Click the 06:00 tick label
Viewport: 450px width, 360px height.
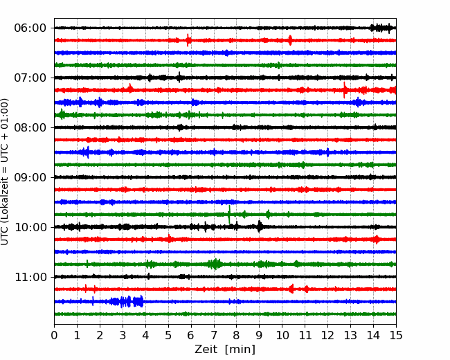[x=30, y=28]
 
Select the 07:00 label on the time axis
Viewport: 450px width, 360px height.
[x=30, y=78]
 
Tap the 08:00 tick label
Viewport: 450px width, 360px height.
[x=30, y=127]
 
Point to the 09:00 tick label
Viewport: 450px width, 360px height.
[x=30, y=177]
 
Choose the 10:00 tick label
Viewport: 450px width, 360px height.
[x=30, y=227]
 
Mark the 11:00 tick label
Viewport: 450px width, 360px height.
[x=30, y=277]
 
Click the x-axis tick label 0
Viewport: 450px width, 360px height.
[x=54, y=335]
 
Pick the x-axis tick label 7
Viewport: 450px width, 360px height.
[x=214, y=335]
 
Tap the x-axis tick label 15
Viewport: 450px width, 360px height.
[x=396, y=335]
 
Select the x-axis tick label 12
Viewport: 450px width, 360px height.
[x=327, y=335]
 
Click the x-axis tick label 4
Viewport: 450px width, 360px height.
[x=145, y=335]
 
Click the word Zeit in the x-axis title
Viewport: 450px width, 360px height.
[x=206, y=349]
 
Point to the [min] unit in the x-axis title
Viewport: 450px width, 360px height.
[x=240, y=350]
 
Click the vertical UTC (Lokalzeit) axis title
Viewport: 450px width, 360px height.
[x=5, y=172]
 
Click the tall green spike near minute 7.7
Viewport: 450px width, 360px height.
[x=229, y=214]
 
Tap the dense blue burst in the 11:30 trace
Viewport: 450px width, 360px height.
[x=127, y=301]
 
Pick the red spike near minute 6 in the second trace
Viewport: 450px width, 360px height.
[x=188, y=40]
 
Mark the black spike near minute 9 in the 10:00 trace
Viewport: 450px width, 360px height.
[x=260, y=226]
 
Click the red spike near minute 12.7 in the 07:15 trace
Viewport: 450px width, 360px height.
[x=345, y=90]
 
